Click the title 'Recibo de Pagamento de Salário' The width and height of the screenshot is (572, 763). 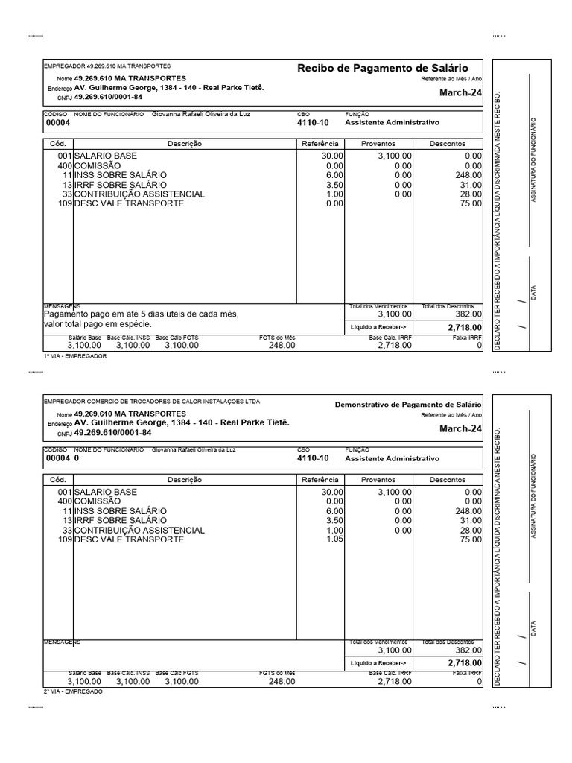coord(389,69)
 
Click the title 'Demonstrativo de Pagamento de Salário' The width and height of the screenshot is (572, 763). coord(408,404)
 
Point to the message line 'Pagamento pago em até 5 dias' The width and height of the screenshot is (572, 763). coord(142,314)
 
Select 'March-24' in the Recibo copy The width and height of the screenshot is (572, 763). coord(460,93)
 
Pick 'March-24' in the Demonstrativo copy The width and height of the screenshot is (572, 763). coord(460,428)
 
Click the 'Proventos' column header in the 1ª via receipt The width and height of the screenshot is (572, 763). coord(378,144)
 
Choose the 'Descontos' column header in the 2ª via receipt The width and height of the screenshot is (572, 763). coord(448,480)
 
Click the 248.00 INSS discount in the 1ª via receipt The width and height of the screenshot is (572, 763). coord(468,175)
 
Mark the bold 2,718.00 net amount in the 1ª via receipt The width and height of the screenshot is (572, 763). coord(465,327)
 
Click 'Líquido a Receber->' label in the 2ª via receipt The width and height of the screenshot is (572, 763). coord(378,662)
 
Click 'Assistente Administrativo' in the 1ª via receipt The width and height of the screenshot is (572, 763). coord(393,123)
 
